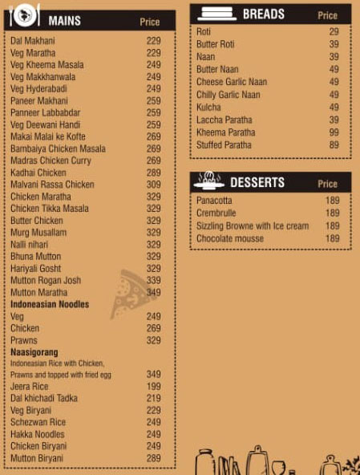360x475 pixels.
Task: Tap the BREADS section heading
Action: [x=264, y=14]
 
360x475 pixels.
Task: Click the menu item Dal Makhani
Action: [x=33, y=41]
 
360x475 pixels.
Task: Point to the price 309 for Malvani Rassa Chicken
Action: [x=153, y=185]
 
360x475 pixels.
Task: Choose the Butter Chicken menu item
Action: [x=37, y=221]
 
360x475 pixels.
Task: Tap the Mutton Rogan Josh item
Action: [x=46, y=281]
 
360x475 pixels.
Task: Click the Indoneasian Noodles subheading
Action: [x=50, y=305]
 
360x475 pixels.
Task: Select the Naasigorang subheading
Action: [x=33, y=352]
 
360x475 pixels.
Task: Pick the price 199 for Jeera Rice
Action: [x=153, y=387]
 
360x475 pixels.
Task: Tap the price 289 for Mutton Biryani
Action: [x=153, y=458]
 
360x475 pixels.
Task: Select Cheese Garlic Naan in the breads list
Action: [x=232, y=82]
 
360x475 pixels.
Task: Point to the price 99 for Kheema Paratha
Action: [x=334, y=132]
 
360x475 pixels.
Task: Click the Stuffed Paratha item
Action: [x=224, y=145]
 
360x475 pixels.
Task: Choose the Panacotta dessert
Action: [x=215, y=201]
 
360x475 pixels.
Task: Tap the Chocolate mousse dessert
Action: [x=229, y=239]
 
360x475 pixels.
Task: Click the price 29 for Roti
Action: [x=334, y=31]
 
